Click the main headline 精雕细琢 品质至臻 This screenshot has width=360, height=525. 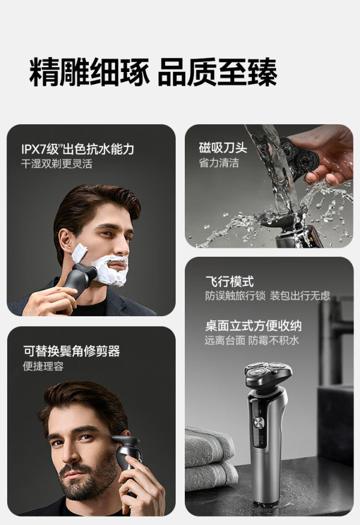pyautogui.click(x=153, y=73)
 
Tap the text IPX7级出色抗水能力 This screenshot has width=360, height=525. pyautogui.click(x=77, y=149)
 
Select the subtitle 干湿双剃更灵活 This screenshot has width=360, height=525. pyautogui.click(x=56, y=164)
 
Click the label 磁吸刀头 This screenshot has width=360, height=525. pyautogui.click(x=223, y=148)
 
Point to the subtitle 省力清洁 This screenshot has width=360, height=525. pyautogui.click(x=218, y=163)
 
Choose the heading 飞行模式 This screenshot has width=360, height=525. pyautogui.click(x=230, y=281)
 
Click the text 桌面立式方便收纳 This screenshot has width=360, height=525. pyautogui.click(x=254, y=325)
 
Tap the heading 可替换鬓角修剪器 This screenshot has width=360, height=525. pyautogui.click(x=71, y=351)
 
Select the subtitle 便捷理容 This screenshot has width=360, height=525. pyautogui.click(x=43, y=366)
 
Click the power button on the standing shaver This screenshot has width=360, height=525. pyautogui.click(x=259, y=423)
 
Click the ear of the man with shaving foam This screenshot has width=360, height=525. pyautogui.click(x=65, y=241)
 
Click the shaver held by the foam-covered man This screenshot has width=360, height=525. pyautogui.click(x=79, y=278)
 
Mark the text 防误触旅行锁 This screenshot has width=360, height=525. pyautogui.click(x=235, y=296)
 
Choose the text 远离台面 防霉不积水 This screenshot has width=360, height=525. pyautogui.click(x=252, y=341)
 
